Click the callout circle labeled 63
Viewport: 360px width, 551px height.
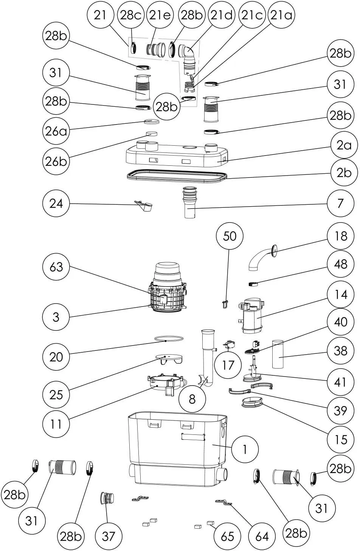[56, 267]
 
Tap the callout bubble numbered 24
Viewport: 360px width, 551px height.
[56, 204]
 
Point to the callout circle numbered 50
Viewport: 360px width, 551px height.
[230, 236]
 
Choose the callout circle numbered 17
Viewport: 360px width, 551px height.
[228, 365]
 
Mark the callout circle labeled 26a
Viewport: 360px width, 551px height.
[56, 131]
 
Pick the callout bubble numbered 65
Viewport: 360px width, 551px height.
[227, 536]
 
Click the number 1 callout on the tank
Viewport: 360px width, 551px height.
[245, 449]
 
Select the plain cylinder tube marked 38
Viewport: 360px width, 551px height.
[279, 354]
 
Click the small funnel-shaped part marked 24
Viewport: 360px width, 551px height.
[144, 206]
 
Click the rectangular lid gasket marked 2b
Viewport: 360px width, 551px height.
[176, 177]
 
